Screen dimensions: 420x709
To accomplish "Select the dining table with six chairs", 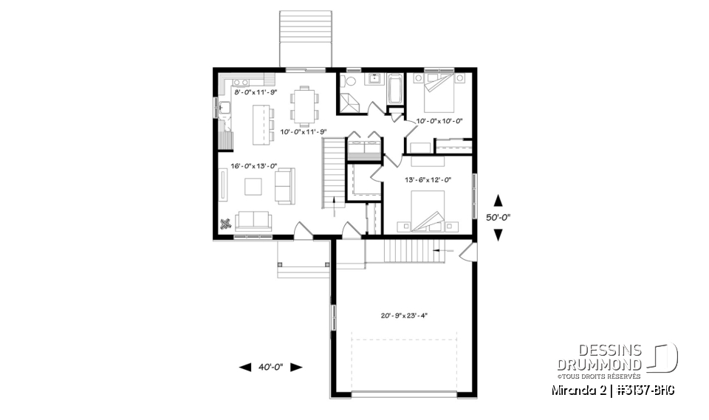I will click(304, 105).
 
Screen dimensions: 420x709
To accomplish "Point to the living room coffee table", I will click(253, 185).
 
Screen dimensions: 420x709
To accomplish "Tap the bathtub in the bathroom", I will click(395, 90).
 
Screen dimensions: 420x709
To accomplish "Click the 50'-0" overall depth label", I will click(498, 218).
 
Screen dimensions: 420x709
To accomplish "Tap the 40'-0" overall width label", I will click(271, 367).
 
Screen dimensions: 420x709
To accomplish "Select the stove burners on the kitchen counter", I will click(241, 80).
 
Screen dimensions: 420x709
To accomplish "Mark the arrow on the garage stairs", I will click(443, 252).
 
